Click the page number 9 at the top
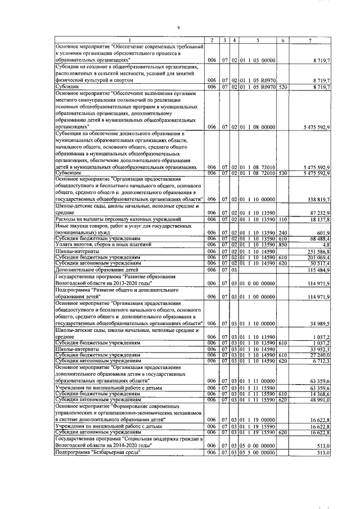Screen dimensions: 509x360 (178, 28)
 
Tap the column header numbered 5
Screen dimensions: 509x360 (256, 39)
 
